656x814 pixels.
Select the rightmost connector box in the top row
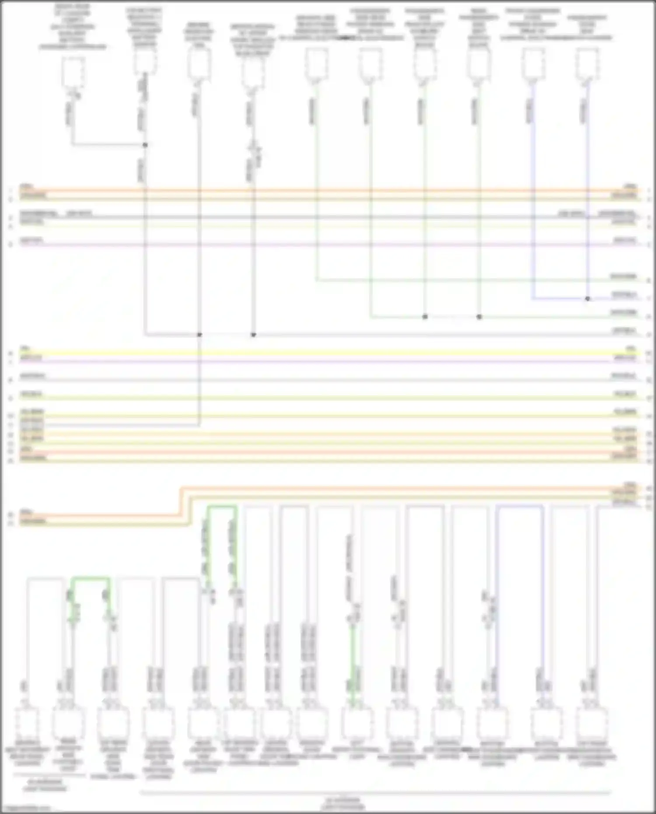587,64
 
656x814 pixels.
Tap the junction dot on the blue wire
587,299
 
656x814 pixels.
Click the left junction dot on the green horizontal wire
425,317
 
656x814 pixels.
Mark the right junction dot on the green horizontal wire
479,317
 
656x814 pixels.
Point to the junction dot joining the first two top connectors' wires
145,145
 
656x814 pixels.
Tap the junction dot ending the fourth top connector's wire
253,335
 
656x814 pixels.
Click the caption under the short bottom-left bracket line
45,785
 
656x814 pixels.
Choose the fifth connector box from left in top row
316,64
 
